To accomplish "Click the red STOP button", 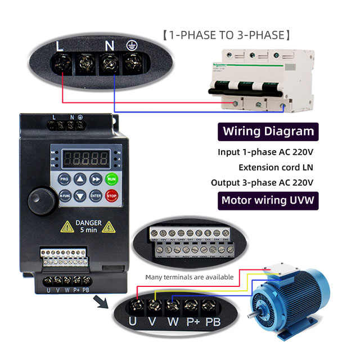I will click(x=111, y=196).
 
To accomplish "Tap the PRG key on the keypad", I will click(x=64, y=179).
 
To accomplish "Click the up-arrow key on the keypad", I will click(x=80, y=179).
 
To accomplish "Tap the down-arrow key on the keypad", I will click(x=80, y=196).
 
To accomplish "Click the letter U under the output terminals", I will click(x=133, y=322).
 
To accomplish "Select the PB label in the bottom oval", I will click(x=213, y=322).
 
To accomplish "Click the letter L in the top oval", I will click(x=60, y=47).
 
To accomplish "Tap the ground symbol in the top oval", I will click(x=132, y=47).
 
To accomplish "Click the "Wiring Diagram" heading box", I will click(x=268, y=132).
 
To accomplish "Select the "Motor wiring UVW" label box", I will click(x=268, y=200).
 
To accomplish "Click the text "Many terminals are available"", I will click(x=189, y=277).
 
